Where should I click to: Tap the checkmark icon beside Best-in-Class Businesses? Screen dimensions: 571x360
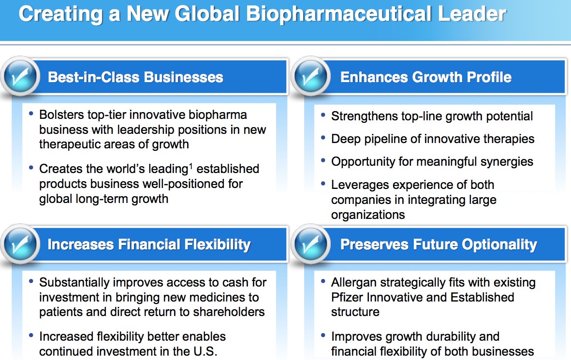tap(20, 76)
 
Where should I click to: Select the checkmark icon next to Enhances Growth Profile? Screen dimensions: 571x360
tap(311, 76)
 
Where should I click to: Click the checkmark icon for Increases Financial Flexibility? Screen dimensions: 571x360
tap(20, 244)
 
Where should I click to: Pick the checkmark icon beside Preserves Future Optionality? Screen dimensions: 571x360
tap(311, 244)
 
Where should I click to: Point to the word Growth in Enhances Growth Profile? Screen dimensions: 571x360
tap(438, 77)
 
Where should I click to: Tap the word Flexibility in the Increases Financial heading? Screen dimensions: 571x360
tap(218, 245)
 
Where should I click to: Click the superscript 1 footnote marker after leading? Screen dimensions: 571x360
tap(191, 166)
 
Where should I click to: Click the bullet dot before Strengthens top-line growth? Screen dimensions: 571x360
tap(323, 115)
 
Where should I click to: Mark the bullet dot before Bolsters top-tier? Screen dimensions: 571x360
tap(31, 114)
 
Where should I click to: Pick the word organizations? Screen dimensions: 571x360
tap(368, 215)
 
